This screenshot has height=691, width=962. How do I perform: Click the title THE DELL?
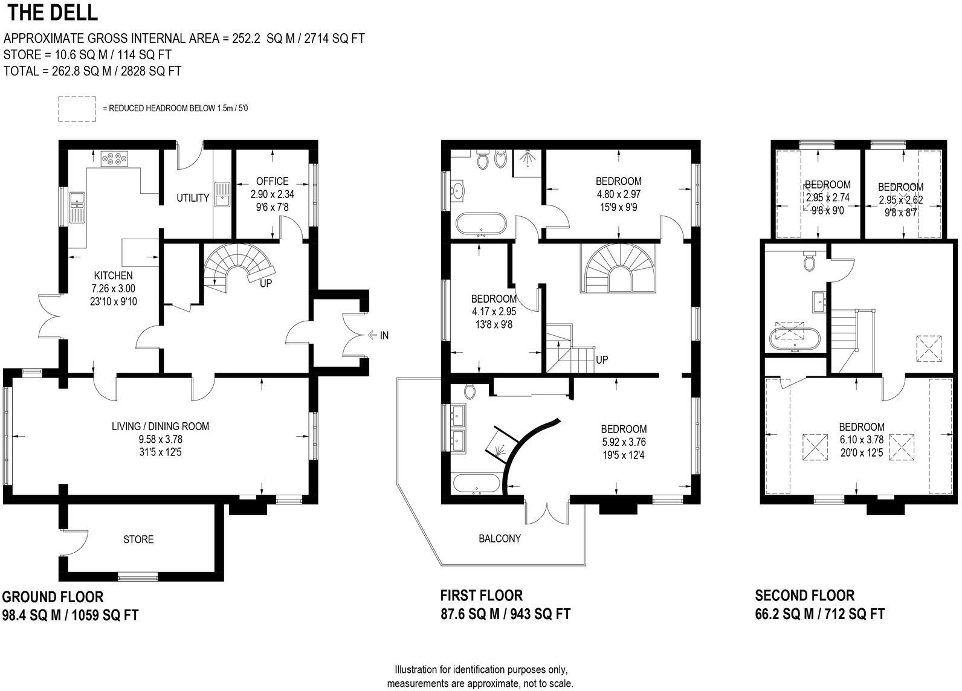coord(51,12)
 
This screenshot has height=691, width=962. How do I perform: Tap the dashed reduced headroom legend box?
coord(77,109)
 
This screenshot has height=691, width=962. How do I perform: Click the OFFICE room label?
coord(272,181)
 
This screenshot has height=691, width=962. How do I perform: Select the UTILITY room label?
coord(193,198)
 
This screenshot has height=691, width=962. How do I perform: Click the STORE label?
coord(138,539)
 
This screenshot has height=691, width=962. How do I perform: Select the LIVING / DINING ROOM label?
coord(160,426)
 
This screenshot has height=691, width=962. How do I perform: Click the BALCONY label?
coord(499,538)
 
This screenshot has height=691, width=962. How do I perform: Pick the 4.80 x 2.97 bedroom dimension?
coord(618,194)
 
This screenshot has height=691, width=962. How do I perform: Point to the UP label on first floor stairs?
coord(602,359)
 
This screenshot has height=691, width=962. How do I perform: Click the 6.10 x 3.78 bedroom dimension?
coord(861,439)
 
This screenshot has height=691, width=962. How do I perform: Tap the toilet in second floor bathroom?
coord(810,262)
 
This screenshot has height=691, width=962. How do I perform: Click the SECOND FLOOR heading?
coord(804,596)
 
